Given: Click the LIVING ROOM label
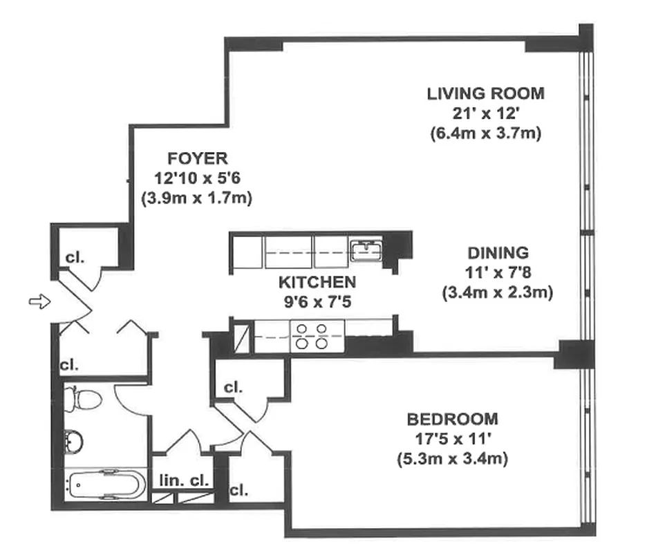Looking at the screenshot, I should (x=485, y=93).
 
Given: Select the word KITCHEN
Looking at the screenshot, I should (x=317, y=282).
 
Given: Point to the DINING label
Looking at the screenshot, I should (x=497, y=253).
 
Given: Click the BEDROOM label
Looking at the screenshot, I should (x=451, y=419).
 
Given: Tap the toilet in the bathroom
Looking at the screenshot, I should (x=82, y=399).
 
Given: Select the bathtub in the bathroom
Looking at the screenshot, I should (x=106, y=482).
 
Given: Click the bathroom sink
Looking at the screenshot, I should (x=73, y=439).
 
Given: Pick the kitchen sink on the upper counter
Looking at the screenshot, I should (x=366, y=249).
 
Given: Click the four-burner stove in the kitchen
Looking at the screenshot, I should (x=311, y=336).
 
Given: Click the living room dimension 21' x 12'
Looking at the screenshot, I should (x=485, y=113).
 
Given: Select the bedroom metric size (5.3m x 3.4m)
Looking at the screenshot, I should (x=452, y=458).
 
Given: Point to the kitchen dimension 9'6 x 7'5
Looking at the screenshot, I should (x=317, y=301).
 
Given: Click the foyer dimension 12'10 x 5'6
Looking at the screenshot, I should (x=197, y=178).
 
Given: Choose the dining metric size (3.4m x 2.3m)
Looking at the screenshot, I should (x=498, y=292).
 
